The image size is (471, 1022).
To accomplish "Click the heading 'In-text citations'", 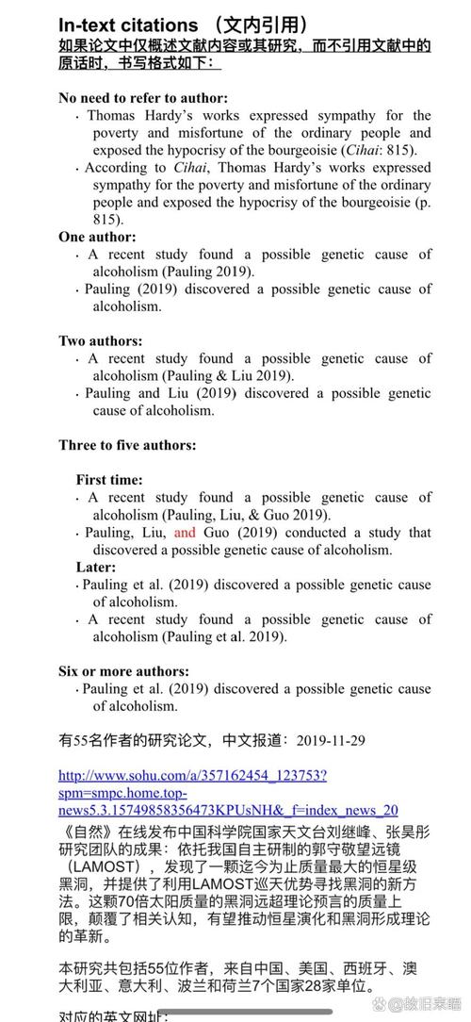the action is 128,25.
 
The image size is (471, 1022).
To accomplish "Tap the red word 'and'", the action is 185,533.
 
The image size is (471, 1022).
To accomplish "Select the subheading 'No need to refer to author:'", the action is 143,98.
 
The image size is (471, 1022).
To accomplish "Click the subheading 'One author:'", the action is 97,237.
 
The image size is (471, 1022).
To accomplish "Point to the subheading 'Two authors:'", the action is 101,340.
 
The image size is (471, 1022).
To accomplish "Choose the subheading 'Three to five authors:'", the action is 127,444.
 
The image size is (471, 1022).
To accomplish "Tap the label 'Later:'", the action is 96,567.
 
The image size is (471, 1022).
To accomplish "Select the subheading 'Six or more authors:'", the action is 123,670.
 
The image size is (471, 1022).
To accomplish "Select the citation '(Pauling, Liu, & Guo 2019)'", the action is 245,515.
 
